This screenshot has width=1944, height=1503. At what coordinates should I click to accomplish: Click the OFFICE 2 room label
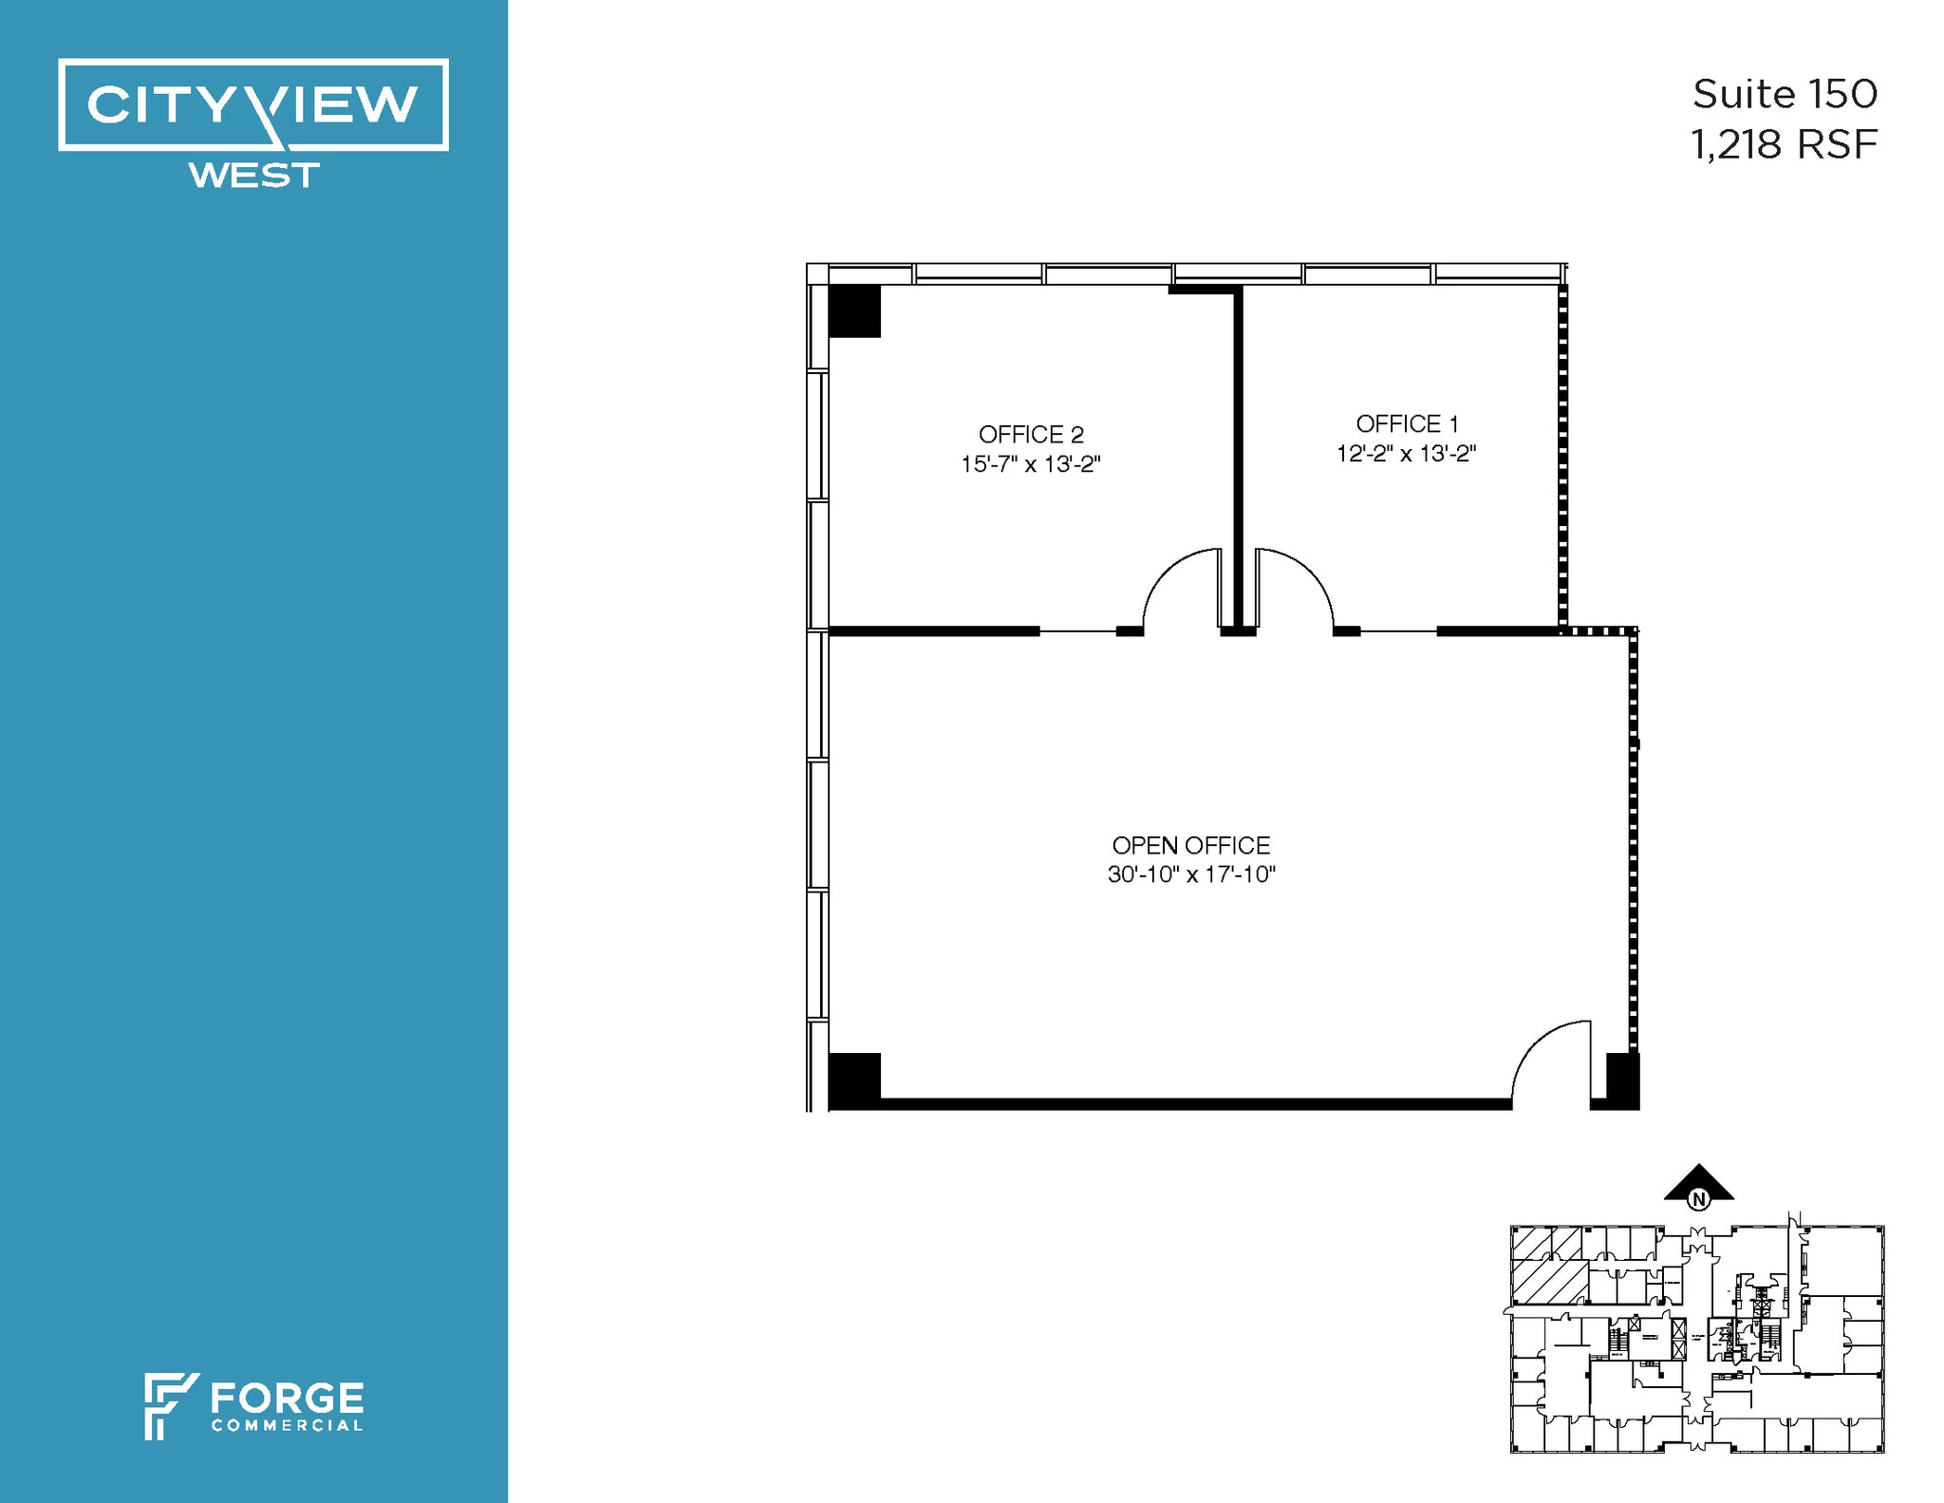coord(1031,435)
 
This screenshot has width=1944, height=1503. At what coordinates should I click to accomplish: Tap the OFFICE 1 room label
coord(1407,423)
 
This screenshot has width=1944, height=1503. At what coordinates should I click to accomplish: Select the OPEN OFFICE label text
coord(1190,845)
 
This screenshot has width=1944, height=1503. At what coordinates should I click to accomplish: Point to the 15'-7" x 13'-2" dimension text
coord(1031,464)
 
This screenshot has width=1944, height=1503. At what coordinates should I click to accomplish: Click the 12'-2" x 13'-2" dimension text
coord(1407,454)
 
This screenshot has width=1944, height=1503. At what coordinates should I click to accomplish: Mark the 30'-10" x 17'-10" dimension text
coord(1190,874)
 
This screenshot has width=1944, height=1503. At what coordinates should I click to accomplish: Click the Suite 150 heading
coord(1785,94)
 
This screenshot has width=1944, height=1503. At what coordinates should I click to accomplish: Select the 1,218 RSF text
coord(1784,145)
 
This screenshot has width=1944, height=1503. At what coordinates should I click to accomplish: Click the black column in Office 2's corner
coord(854,310)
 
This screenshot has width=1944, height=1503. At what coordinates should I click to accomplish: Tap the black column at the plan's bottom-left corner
coord(854,1080)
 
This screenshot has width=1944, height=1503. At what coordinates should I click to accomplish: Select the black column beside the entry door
coord(1622,1080)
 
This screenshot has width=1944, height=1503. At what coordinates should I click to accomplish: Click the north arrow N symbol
coord(1699,1199)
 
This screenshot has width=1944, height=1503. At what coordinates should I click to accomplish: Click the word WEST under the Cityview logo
coord(253,176)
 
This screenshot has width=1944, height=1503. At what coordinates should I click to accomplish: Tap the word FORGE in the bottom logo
coord(287,1399)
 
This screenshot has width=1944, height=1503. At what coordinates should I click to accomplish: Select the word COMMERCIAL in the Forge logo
coord(287,1425)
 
